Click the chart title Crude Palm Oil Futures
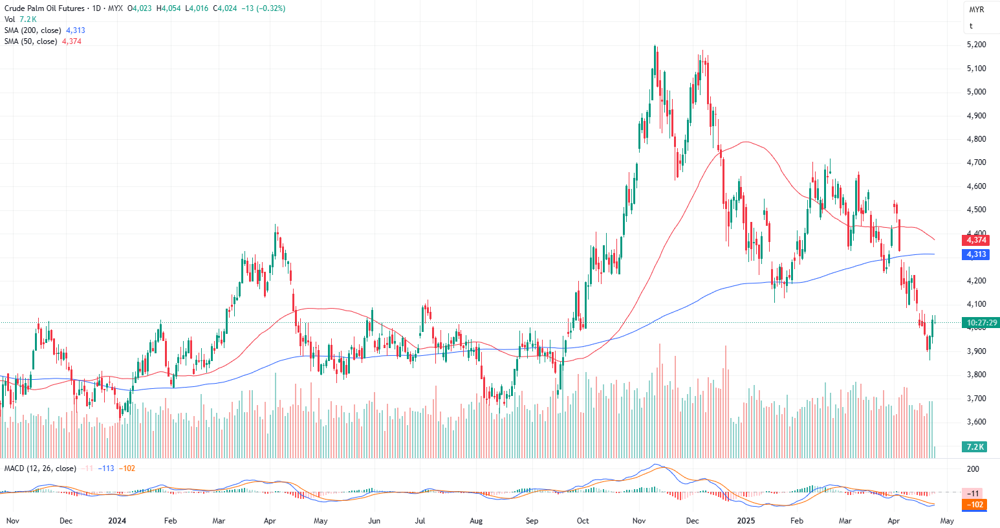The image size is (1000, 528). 45,8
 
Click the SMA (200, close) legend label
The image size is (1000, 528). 33,30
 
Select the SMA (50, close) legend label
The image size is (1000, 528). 30,41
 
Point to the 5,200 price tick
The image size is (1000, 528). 976,45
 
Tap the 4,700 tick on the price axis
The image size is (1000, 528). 976,162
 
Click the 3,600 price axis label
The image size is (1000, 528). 976,422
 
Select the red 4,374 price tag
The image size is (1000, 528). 976,240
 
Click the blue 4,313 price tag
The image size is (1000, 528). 976,254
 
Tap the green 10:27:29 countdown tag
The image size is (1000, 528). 981,322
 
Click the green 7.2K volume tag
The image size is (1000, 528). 975,446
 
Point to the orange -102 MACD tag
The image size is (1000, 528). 975,505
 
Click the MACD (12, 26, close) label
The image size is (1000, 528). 40,468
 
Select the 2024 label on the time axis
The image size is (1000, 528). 117,520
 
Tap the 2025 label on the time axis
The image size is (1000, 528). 746,520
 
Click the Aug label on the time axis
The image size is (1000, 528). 476,520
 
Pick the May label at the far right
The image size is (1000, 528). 946,520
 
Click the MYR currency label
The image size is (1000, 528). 976,10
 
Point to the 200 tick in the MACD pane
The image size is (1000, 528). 973,468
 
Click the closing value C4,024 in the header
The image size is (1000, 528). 226,8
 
